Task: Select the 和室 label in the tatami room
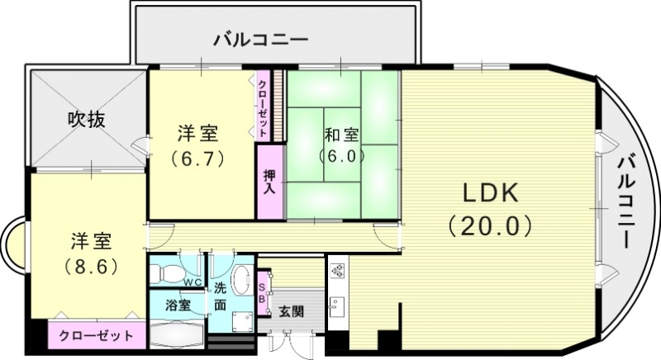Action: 340,134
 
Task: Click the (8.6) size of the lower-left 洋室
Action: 91,267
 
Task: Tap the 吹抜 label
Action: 86,120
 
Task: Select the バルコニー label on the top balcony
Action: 259,39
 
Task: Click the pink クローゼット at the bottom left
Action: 96,336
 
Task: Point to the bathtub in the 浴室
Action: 175,335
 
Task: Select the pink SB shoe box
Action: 263,293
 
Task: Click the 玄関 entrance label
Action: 290,312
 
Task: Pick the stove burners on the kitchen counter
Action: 337,270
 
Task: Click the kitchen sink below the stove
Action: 337,309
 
